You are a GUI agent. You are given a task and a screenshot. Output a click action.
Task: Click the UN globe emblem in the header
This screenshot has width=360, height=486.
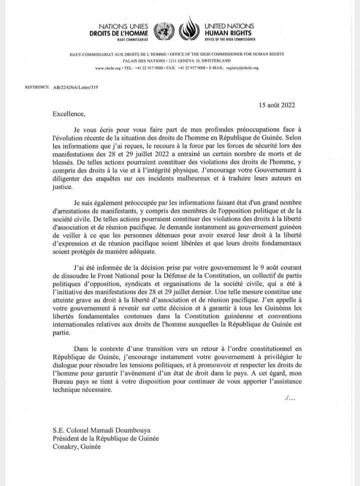click(162, 30)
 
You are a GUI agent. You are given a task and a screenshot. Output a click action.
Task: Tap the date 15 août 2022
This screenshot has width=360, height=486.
click(276, 106)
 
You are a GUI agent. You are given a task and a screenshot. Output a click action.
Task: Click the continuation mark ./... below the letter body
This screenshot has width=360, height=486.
click(289, 398)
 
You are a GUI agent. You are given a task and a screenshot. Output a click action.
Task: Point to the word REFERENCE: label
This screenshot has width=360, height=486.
click(36, 87)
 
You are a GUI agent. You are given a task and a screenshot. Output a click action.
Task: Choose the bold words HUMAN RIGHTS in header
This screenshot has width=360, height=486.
click(229, 32)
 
